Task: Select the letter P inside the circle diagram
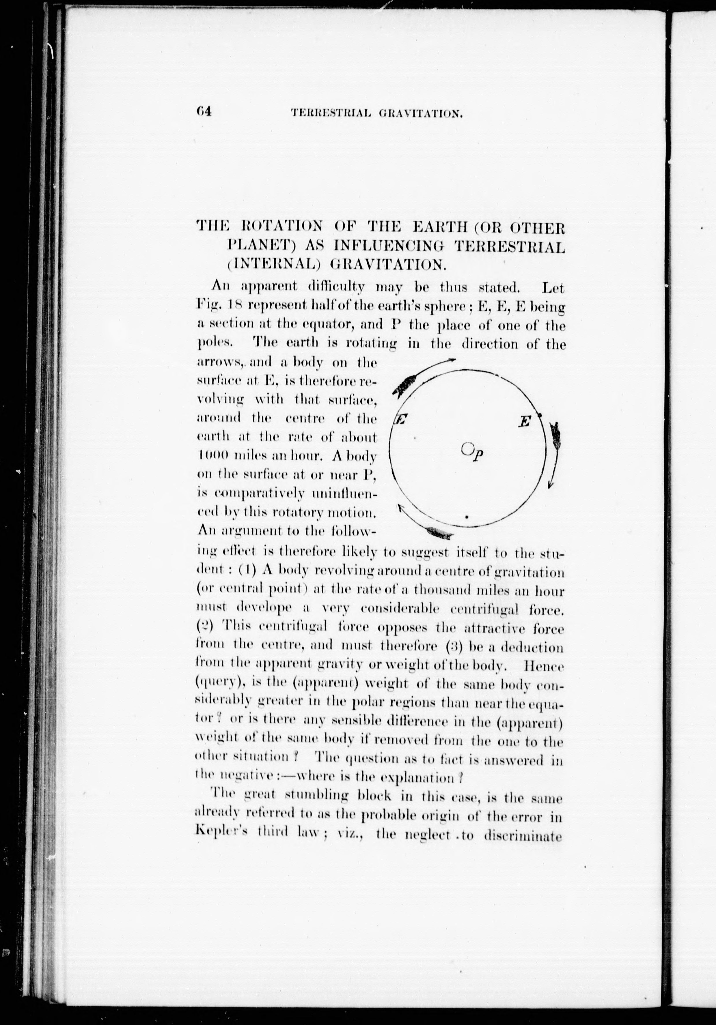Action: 478,455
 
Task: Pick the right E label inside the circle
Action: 525,421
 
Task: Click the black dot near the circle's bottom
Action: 467,517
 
